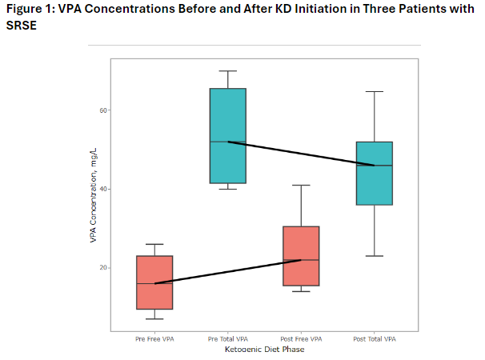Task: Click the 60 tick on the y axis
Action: (103, 110)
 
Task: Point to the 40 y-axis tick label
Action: (103, 189)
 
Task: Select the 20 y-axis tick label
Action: (103, 267)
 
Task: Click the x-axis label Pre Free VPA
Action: (154, 339)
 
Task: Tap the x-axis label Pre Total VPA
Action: (228, 339)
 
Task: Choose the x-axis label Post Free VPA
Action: (301, 339)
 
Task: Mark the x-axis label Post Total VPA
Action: (375, 339)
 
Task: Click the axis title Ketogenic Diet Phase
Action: (264, 349)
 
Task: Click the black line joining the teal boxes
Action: (301, 154)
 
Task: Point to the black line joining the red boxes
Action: (228, 271)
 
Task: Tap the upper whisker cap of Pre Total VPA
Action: (228, 71)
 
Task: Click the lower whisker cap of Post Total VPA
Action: (375, 256)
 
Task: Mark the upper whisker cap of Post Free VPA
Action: (301, 185)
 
